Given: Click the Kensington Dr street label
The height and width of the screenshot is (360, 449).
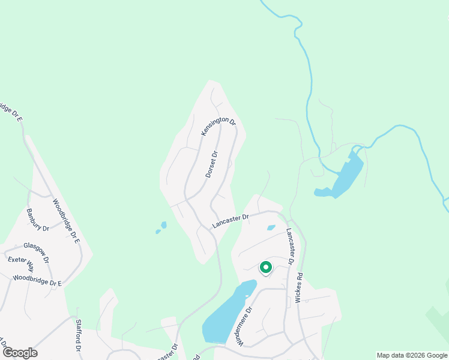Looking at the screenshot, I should [218, 126].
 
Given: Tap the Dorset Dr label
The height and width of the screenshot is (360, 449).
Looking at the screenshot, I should [211, 164].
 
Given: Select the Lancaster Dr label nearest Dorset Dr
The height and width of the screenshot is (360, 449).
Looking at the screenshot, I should [231, 221].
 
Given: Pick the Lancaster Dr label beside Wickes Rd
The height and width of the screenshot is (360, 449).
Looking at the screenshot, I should [290, 246].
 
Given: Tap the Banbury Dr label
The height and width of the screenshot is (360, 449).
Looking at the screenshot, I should [37, 220].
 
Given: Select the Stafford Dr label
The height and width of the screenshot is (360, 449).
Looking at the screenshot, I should [78, 335].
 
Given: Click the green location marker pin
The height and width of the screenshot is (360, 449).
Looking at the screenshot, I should [265, 268].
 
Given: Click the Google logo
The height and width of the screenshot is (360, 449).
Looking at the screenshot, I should [19, 353].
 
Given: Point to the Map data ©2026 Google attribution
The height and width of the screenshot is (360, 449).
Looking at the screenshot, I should [412, 355].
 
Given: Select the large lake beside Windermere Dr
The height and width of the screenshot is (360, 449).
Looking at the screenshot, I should [225, 315].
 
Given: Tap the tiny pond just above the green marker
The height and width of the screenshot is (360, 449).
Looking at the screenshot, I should [271, 227].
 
